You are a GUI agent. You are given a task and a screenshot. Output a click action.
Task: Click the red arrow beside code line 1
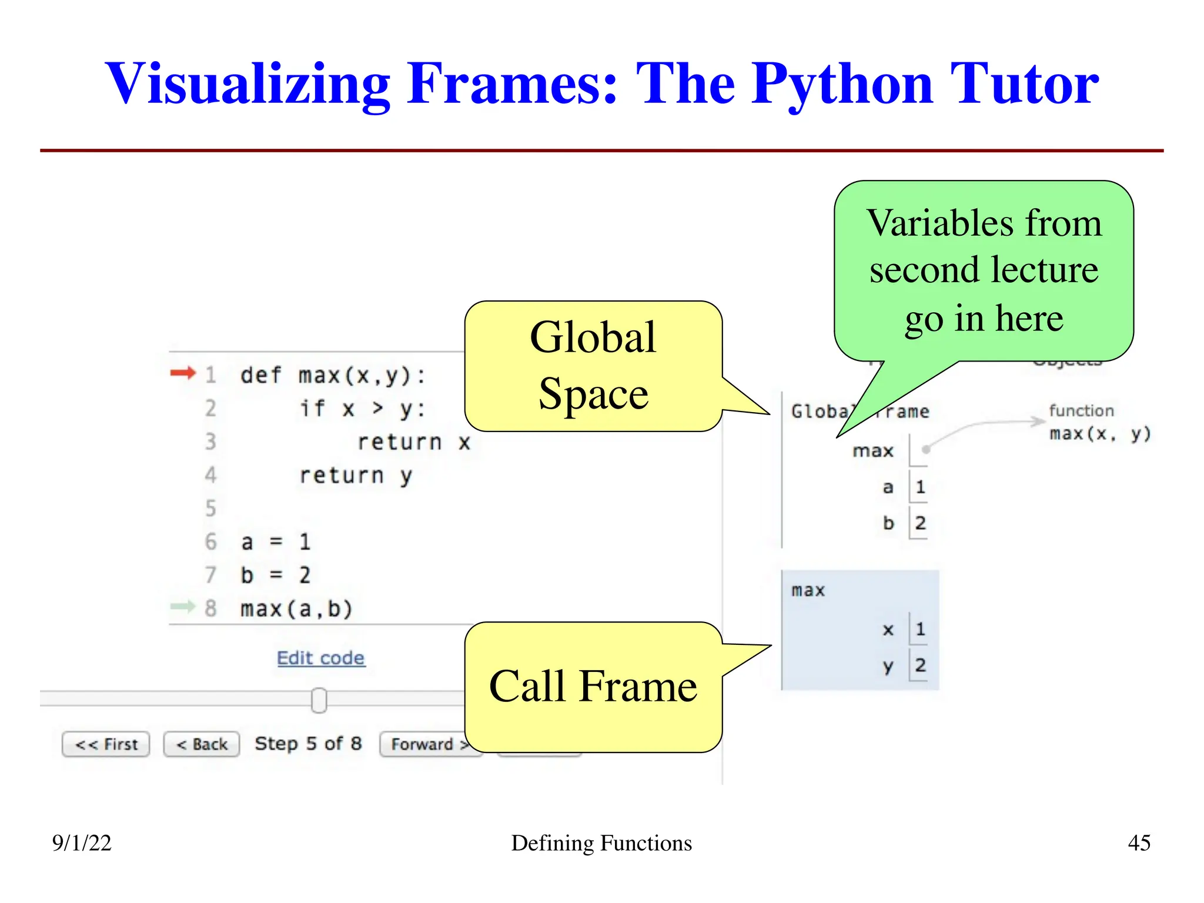coord(182,373)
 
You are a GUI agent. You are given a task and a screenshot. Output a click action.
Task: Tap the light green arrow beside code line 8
coord(182,606)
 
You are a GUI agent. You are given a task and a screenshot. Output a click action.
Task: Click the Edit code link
coord(320,658)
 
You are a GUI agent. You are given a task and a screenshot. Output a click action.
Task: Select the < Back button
coord(202,744)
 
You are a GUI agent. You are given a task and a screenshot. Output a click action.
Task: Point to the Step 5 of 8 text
coord(308,744)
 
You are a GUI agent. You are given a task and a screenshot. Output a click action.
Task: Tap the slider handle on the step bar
coord(319,700)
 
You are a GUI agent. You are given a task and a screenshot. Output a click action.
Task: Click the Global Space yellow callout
coord(593,366)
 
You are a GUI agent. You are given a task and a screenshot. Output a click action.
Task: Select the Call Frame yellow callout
coord(593,687)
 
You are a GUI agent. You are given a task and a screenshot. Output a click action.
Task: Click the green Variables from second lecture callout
coord(984,270)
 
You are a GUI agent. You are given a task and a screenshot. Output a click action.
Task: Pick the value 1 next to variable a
coord(920,487)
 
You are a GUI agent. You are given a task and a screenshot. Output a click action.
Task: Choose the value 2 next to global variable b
coord(920,523)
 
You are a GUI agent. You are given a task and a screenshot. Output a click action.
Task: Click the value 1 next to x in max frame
coord(920,629)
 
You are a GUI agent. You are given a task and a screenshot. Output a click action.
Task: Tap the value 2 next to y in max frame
coord(920,665)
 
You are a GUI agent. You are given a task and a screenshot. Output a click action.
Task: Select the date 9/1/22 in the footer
coord(81,843)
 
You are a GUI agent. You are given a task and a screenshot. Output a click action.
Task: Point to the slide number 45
coord(1139,843)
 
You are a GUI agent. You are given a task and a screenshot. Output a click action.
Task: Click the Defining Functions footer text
coord(601,843)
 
